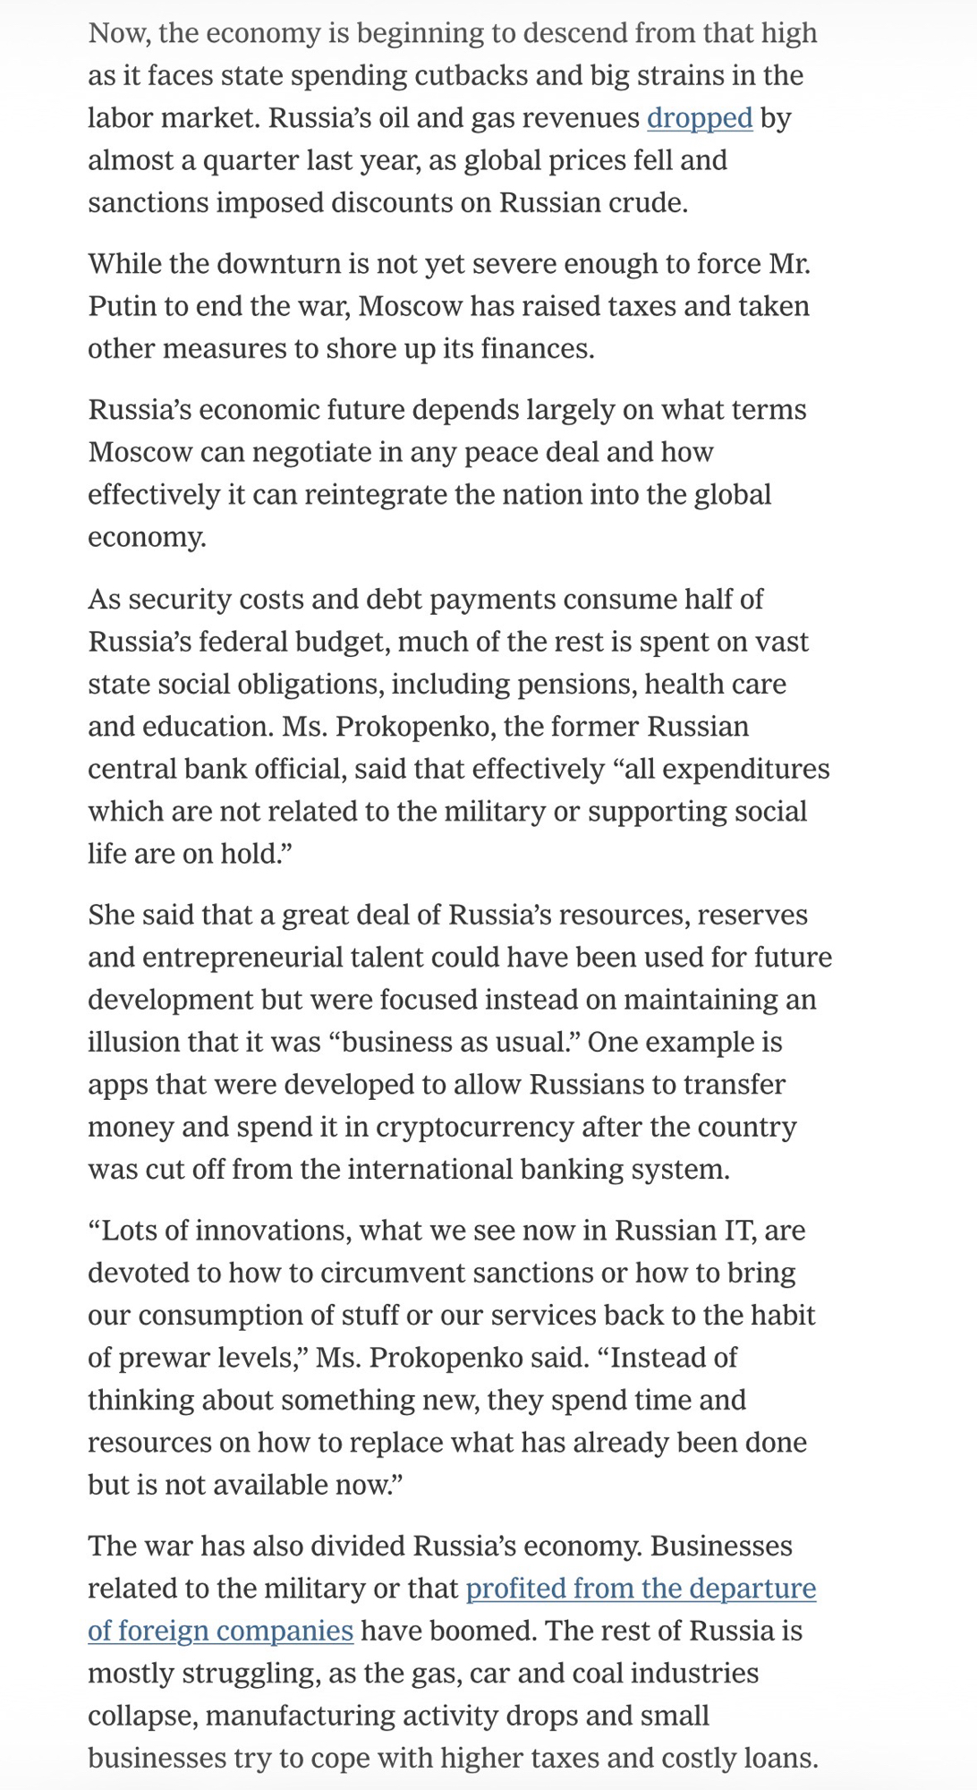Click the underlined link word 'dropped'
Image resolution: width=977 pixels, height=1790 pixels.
[700, 118]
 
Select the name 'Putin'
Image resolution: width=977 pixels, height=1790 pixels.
[123, 306]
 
